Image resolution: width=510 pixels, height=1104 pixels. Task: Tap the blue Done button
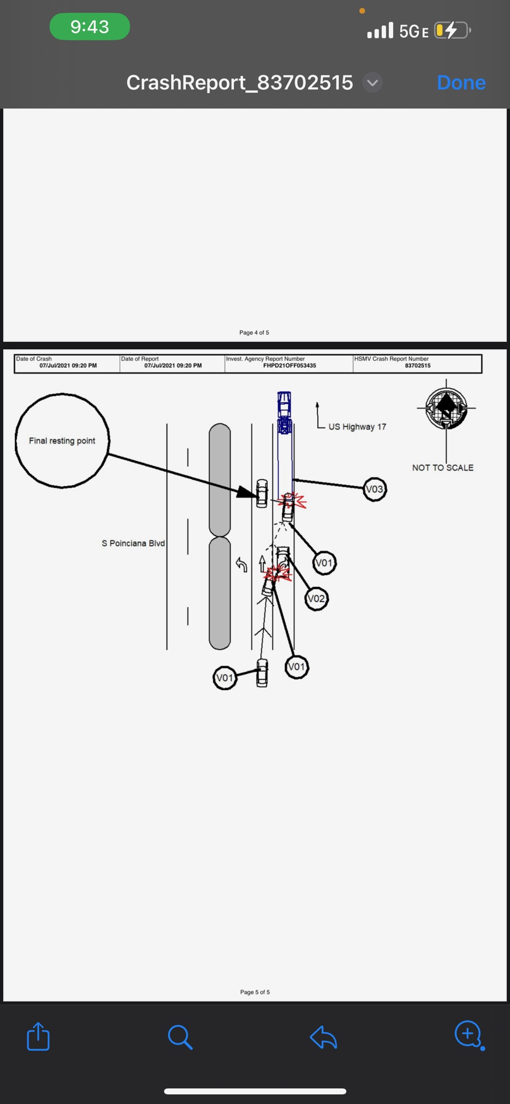461,82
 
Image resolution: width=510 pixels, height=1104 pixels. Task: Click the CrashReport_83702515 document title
240,82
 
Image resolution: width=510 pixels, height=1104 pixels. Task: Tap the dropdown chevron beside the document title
372,83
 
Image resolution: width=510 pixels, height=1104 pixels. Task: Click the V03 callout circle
374,489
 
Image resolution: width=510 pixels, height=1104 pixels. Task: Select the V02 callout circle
316,598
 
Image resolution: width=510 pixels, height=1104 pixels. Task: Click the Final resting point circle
62,441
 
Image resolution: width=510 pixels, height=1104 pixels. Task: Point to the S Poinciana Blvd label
133,543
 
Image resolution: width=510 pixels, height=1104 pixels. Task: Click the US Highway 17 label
357,427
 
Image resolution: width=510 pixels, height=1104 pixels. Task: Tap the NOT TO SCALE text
443,468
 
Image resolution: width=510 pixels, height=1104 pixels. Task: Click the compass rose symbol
446,409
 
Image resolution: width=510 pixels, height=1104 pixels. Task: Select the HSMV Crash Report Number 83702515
417,365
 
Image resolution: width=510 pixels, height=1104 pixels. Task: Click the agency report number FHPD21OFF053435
289,365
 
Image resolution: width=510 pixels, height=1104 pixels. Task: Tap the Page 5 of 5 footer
255,992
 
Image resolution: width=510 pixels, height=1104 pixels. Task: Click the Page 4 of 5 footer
254,333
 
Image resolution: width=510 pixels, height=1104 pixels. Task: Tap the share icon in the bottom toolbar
38,1036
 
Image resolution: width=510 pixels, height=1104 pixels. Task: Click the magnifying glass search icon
180,1037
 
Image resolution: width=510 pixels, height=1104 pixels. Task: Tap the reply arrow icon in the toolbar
324,1037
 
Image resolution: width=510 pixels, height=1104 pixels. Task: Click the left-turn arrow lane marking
242,565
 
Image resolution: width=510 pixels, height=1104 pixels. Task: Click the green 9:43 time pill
89,27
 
